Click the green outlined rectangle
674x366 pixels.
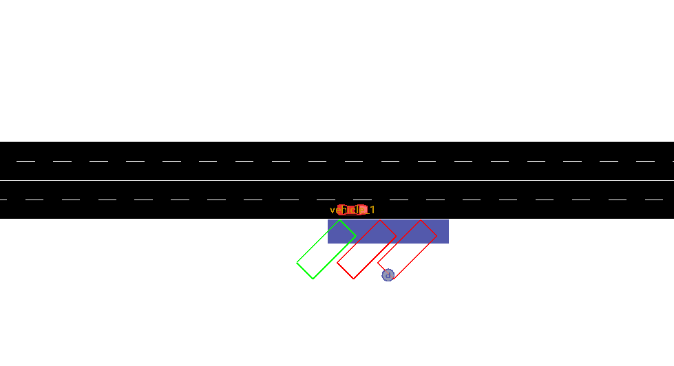point(326,249)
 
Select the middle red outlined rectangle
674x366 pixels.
point(366,249)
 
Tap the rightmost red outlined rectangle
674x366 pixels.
point(408,249)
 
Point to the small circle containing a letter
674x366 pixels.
point(388,275)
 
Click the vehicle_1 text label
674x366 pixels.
point(352,210)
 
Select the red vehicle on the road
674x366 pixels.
point(351,210)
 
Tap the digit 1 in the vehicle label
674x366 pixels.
point(372,210)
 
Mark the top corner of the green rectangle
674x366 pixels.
point(339,219)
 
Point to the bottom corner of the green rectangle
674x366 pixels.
point(313,279)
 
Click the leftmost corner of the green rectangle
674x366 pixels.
point(297,262)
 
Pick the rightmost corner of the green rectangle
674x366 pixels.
point(356,236)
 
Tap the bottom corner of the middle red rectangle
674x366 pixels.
point(353,279)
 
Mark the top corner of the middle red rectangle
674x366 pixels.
point(380,219)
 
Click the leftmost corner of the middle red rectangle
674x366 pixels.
point(337,262)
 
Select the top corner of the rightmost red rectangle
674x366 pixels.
point(421,219)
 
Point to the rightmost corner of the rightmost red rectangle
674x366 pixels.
point(437,236)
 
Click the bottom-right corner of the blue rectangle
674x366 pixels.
point(448,243)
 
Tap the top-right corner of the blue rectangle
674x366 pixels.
point(448,220)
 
